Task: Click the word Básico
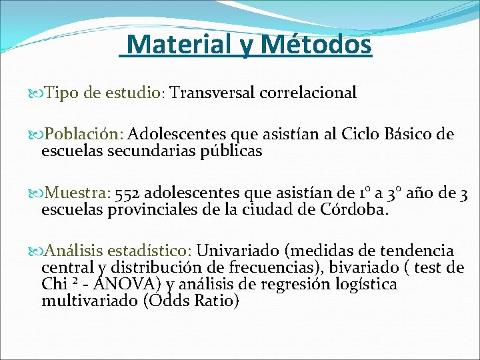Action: [x=409, y=134]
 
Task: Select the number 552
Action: [x=127, y=194]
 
